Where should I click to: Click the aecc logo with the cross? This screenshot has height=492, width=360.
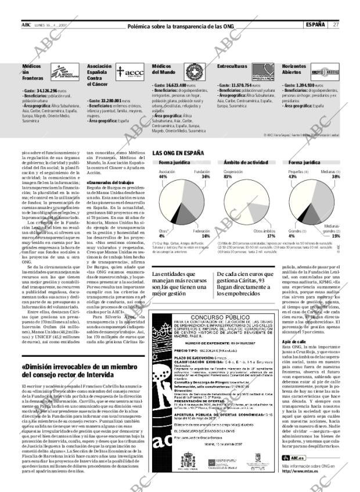click(x=129, y=71)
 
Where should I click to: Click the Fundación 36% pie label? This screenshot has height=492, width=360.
click(x=201, y=174)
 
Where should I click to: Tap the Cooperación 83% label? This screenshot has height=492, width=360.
click(x=233, y=174)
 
